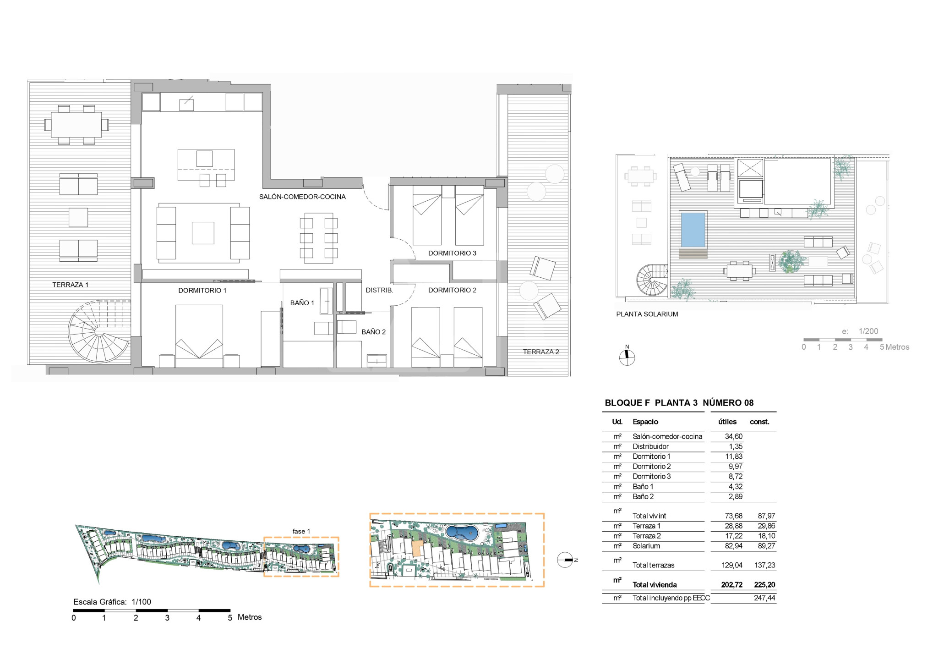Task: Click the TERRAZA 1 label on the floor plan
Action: pyautogui.click(x=70, y=285)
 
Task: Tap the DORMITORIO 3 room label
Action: pyautogui.click(x=452, y=253)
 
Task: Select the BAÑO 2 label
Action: pyautogui.click(x=373, y=332)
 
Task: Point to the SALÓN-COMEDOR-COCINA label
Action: pyautogui.click(x=302, y=197)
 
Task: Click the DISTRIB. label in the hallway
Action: pyautogui.click(x=379, y=290)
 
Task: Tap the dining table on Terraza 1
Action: pyautogui.click(x=76, y=125)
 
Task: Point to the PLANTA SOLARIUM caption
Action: pyautogui.click(x=647, y=314)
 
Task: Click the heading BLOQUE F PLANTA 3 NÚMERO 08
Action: pyautogui.click(x=679, y=403)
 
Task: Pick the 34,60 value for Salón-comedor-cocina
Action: pyautogui.click(x=734, y=437)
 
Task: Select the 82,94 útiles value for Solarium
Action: pyautogui.click(x=734, y=546)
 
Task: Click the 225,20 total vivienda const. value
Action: pyautogui.click(x=765, y=585)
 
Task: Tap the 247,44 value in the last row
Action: pyautogui.click(x=765, y=598)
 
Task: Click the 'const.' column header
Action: pyautogui.click(x=759, y=422)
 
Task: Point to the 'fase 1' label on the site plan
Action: pyautogui.click(x=301, y=531)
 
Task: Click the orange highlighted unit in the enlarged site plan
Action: pyautogui.click(x=417, y=548)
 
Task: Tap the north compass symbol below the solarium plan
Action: pyautogui.click(x=627, y=357)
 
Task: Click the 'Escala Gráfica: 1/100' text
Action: pyautogui.click(x=112, y=602)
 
